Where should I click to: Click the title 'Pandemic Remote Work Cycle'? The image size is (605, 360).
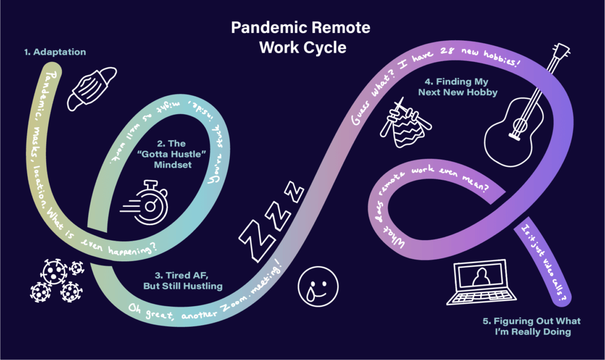point(302,37)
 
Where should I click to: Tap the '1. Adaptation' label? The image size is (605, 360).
point(55,52)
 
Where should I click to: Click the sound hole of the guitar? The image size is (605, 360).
point(519,126)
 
